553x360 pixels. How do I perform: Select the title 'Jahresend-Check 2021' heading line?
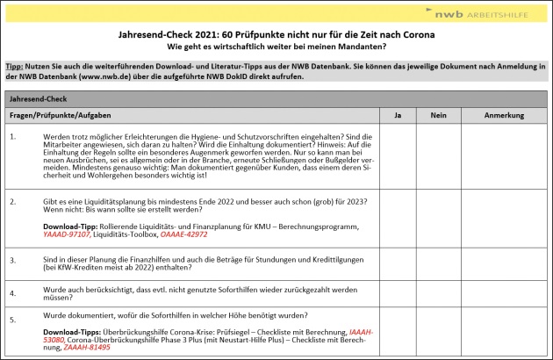pyautogui.click(x=276, y=33)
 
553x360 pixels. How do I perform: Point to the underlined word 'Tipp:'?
pyautogui.click(x=14, y=67)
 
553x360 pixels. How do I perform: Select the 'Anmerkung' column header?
pyautogui.click(x=504, y=115)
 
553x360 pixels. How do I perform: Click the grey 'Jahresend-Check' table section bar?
pyautogui.click(x=276, y=99)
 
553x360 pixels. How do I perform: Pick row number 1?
pyautogui.click(x=13, y=136)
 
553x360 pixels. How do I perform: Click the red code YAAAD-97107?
pyautogui.click(x=66, y=234)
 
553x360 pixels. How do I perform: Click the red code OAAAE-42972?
pyautogui.click(x=184, y=234)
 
